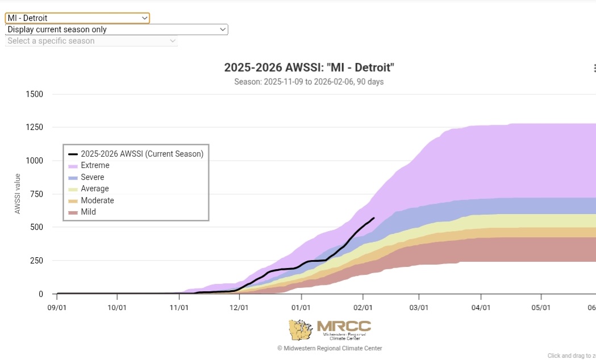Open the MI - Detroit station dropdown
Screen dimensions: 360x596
pyautogui.click(x=77, y=18)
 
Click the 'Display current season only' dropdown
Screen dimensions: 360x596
pyautogui.click(x=116, y=30)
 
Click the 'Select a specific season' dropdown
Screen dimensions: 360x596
pyautogui.click(x=91, y=41)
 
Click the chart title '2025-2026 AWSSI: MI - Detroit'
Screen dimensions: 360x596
pyautogui.click(x=309, y=68)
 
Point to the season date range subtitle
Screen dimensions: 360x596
pyautogui.click(x=309, y=82)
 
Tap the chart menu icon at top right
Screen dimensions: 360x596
pyautogui.click(x=593, y=68)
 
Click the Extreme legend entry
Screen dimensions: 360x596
pyautogui.click(x=95, y=166)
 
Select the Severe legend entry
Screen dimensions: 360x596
pyautogui.click(x=92, y=177)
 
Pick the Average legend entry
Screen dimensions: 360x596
pyautogui.click(x=94, y=189)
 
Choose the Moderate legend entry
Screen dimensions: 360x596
pyautogui.click(x=97, y=200)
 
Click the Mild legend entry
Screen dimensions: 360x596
pyautogui.click(x=88, y=212)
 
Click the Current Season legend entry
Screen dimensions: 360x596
pyautogui.click(x=141, y=154)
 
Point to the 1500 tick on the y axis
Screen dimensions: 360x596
pyautogui.click(x=34, y=94)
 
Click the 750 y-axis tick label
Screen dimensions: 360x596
pyautogui.click(x=36, y=194)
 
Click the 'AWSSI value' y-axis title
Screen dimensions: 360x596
pyautogui.click(x=18, y=194)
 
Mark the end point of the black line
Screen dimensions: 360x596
pyautogui.click(x=373, y=218)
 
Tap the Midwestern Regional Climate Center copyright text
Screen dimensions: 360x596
pyautogui.click(x=330, y=348)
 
